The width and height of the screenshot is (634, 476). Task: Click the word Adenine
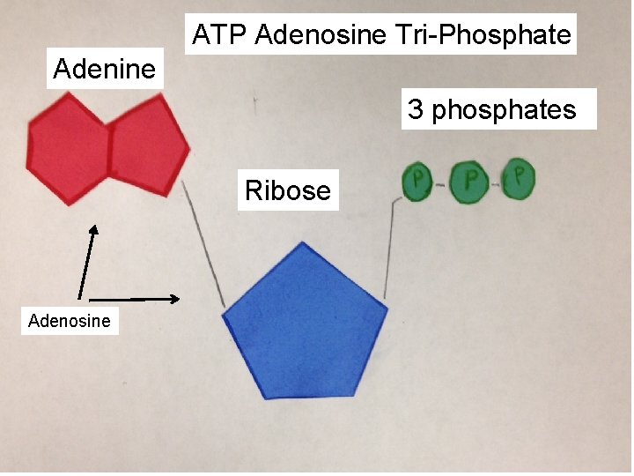104,69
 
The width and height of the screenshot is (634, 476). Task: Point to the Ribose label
288,190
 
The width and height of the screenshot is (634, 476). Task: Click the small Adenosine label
70,320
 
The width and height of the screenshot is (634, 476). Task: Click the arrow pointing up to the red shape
86,261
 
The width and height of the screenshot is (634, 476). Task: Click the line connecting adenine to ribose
203,242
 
